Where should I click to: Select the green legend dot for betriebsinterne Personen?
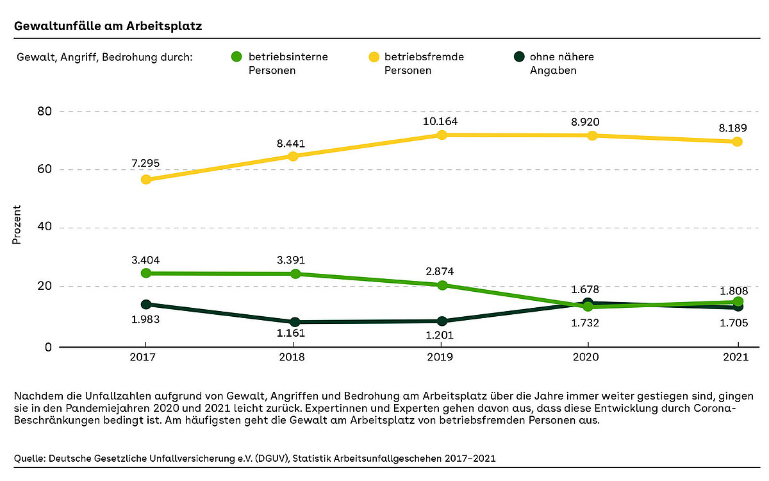[236, 57]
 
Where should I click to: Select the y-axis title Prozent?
[17, 224]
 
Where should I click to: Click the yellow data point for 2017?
[146, 180]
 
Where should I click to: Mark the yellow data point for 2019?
[442, 135]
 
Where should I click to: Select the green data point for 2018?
[295, 274]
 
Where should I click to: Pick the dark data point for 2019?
[442, 321]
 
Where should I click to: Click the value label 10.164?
[442, 120]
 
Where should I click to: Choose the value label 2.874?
[440, 271]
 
